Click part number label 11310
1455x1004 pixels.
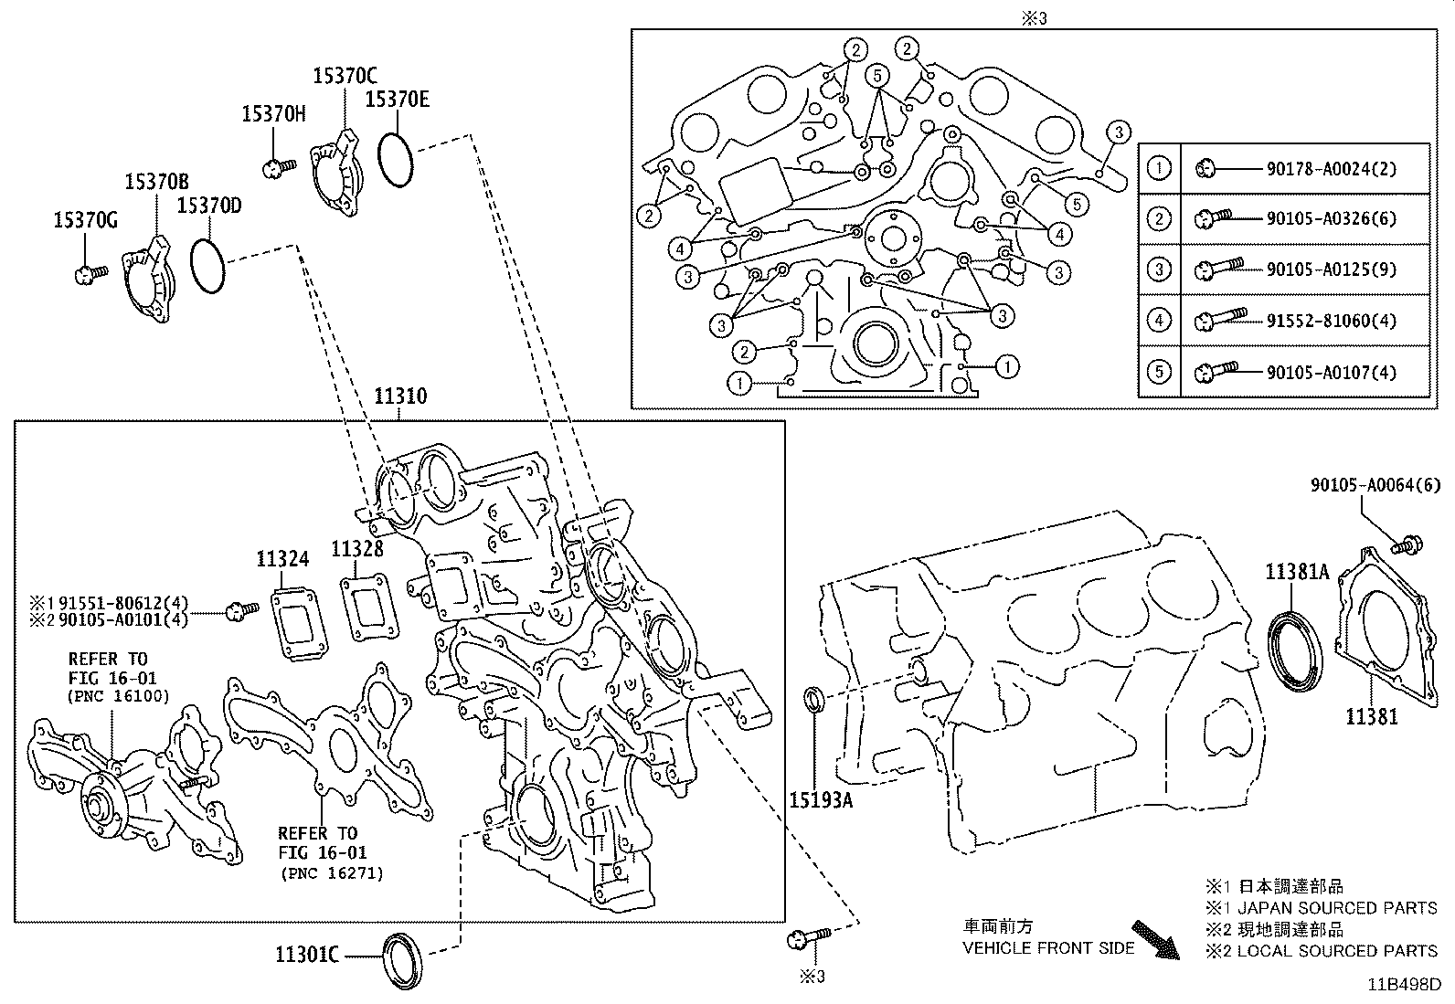[399, 396]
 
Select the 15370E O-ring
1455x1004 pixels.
[396, 161]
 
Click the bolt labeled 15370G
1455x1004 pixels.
[89, 272]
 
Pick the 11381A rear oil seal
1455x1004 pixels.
[1294, 646]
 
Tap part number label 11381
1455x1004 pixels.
[1371, 717]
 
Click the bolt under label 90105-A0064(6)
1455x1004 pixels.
[1406, 546]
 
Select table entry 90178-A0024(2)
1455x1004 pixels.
[1331, 168]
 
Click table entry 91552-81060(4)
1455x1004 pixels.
[1331, 321]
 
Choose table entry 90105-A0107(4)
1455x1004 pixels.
[1331, 372]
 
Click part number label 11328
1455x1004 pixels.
[356, 548]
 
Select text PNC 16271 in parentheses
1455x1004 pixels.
[331, 873]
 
